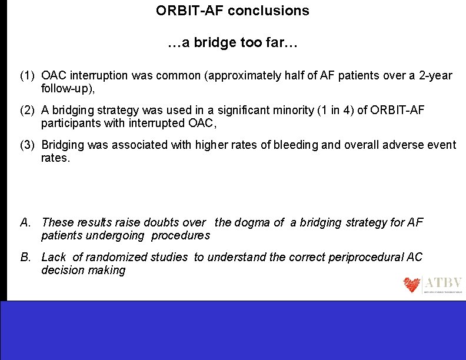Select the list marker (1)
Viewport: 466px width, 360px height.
pyautogui.click(x=28, y=76)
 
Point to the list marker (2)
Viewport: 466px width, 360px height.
pyautogui.click(x=28, y=110)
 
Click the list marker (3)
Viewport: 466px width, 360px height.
pyautogui.click(x=28, y=145)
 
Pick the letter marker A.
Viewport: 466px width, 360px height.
pyautogui.click(x=25, y=222)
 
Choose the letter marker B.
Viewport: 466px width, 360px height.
pyautogui.click(x=25, y=257)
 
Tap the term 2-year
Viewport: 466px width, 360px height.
pyautogui.click(x=434, y=76)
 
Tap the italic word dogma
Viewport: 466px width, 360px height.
pyautogui.click(x=253, y=222)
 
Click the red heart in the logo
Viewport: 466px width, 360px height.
pyautogui.click(x=412, y=285)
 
